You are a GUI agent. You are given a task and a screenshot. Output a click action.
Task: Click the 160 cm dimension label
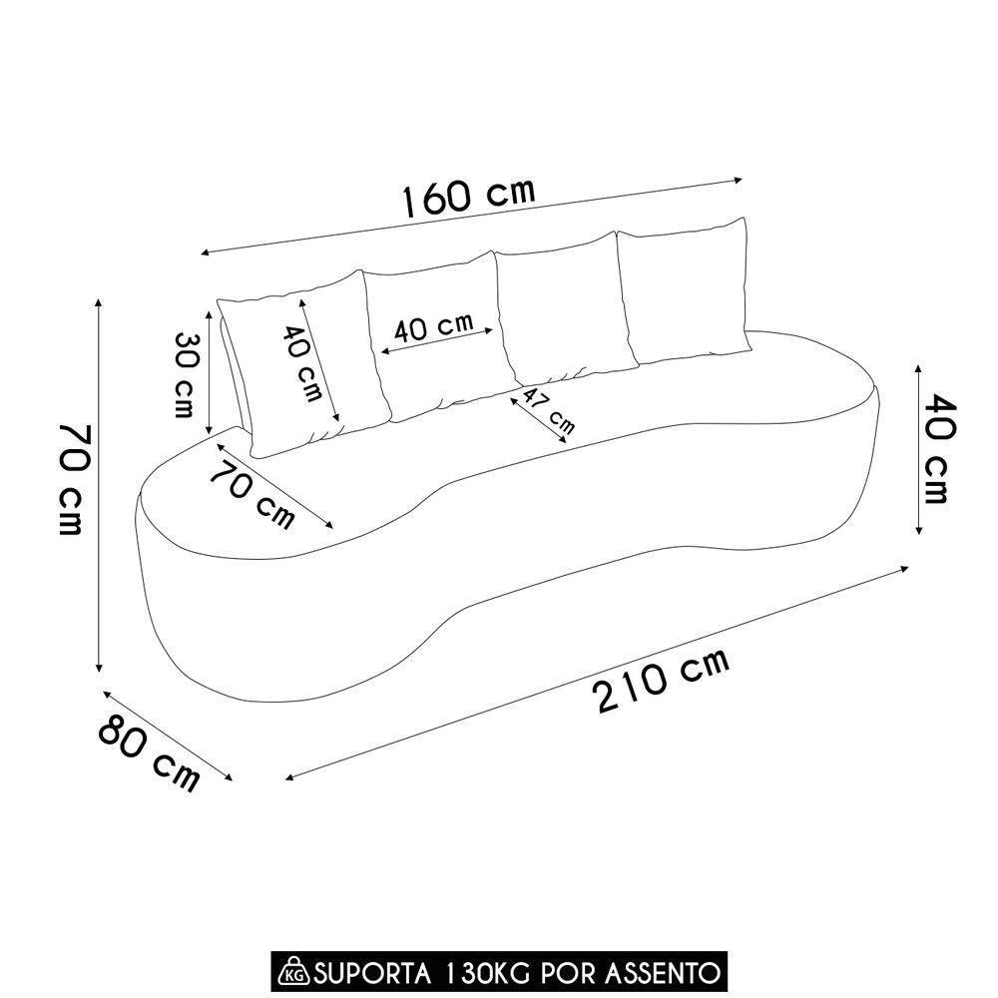(x=470, y=197)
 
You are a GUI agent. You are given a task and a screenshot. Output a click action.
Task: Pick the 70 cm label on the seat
(x=253, y=493)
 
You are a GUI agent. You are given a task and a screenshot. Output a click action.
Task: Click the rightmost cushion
(x=685, y=291)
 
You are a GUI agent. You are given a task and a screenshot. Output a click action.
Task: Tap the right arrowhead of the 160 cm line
(x=740, y=180)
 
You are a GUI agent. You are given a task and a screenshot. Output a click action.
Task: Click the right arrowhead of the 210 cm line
(x=904, y=568)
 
